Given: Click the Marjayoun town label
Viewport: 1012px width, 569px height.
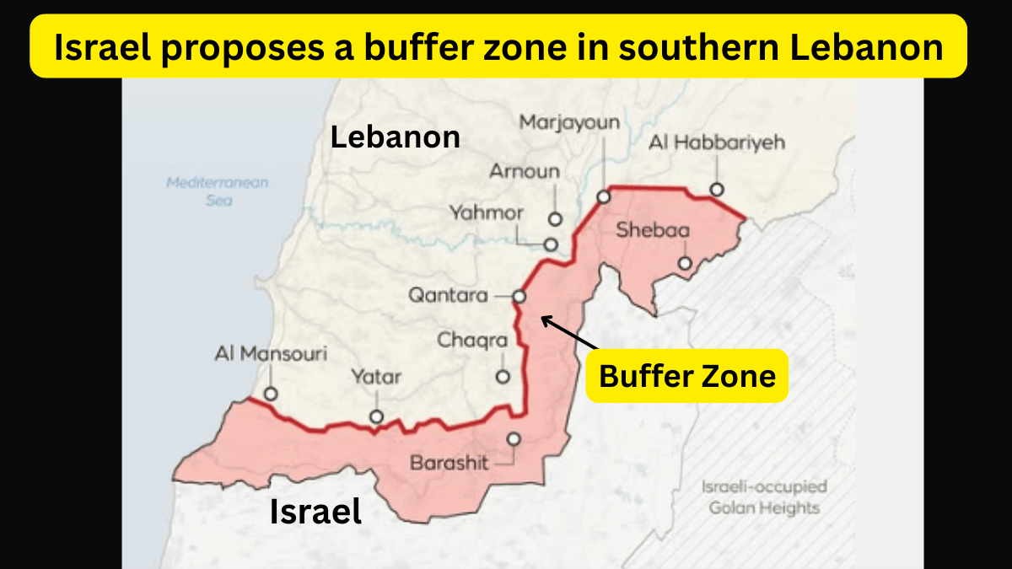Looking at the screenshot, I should [569, 123].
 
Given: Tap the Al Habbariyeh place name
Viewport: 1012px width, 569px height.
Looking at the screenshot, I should [716, 142].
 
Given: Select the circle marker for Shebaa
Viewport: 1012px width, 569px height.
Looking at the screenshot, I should [685, 264].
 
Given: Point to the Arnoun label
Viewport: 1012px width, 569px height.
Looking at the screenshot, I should [525, 171].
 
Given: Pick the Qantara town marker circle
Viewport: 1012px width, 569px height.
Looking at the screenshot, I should [519, 296].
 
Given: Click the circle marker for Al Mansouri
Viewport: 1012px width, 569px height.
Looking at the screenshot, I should [271, 394].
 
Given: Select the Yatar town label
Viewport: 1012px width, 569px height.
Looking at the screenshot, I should [376, 377].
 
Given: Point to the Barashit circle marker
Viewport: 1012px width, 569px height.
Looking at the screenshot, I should [513, 438].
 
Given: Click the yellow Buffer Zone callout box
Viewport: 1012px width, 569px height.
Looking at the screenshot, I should [687, 375].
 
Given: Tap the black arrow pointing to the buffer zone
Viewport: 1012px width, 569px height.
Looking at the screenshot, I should [569, 332].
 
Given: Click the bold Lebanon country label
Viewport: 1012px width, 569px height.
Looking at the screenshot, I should [396, 137].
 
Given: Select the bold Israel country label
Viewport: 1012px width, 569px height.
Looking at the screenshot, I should [315, 511].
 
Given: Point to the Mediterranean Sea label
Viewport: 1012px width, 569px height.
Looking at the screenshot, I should [217, 191].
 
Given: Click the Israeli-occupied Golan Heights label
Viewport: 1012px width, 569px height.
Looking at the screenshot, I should [764, 497].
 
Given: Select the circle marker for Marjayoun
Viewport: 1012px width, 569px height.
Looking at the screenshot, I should [604, 196].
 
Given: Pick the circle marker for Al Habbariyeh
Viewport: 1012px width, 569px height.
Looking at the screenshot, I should [716, 190].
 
